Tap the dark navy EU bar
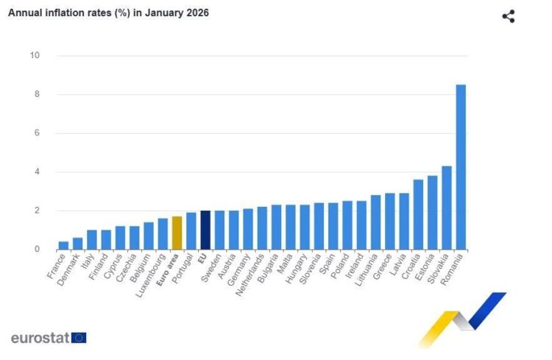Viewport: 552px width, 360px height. [205, 230]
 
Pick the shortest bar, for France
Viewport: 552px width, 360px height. [63, 245]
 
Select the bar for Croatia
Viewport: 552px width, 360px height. [418, 214]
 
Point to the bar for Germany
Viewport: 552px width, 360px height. [248, 229]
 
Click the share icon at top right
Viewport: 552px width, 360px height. [508, 16]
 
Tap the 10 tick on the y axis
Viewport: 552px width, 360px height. [35, 56]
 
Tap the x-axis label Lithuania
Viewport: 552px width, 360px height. [365, 272]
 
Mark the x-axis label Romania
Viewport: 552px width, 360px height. [451, 270]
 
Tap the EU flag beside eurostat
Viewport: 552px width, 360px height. [79, 338]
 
